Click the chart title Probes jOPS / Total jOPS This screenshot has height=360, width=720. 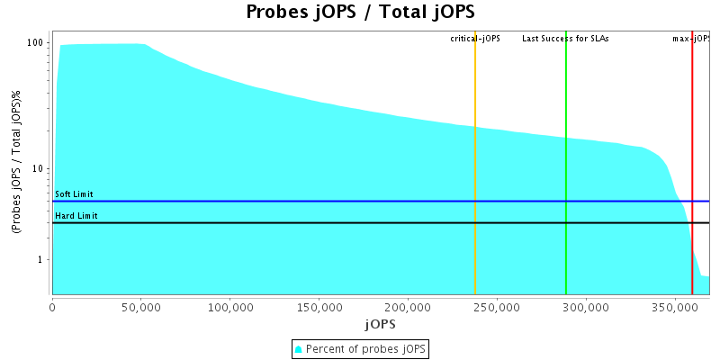click(360, 13)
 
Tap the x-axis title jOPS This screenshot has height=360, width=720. click(380, 323)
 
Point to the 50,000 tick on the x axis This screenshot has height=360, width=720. click(141, 307)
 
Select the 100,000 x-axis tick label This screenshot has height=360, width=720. click(230, 307)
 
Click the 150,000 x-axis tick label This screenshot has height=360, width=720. click(319, 307)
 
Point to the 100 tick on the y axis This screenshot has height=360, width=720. click(36, 43)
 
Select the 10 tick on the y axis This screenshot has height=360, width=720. click(39, 169)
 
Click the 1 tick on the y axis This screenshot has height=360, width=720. click(41, 260)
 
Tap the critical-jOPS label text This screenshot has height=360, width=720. click(475, 39)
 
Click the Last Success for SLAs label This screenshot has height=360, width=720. click(565, 39)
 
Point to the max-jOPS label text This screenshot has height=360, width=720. click(692, 39)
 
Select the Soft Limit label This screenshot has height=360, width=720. click(74, 194)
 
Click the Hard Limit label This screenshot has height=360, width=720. click(76, 216)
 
